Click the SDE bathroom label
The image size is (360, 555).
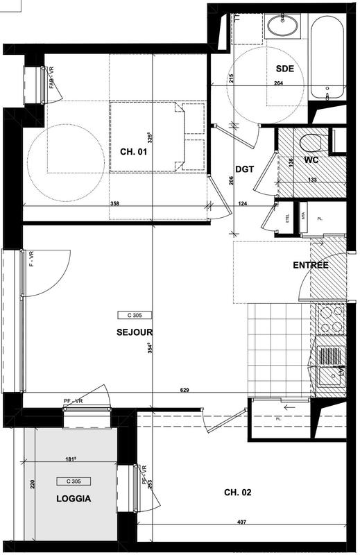coord(285,68)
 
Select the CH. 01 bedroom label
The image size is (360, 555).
coord(133,151)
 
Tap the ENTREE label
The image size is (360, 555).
coord(310,265)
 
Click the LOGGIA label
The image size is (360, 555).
coord(74,498)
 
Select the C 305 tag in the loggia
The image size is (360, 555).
coord(74,481)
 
